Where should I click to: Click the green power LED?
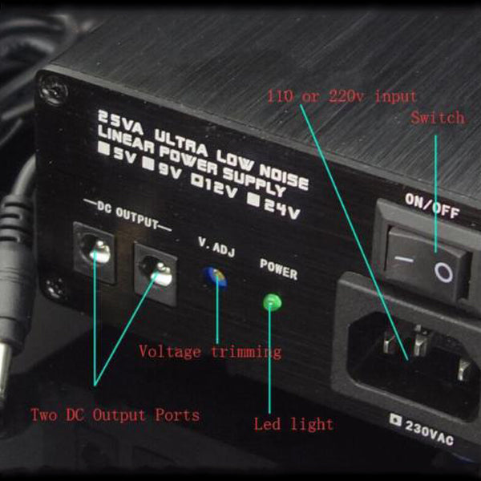(272, 302)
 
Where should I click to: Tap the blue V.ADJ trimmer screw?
(216, 277)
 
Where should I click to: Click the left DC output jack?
(95, 253)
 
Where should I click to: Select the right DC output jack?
(156, 274)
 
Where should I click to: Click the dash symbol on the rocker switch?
(403, 260)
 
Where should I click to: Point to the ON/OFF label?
(432, 206)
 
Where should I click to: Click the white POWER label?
(278, 269)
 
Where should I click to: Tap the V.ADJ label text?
(216, 247)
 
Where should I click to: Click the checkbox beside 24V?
(255, 200)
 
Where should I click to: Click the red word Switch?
(438, 118)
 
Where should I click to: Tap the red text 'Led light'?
(293, 425)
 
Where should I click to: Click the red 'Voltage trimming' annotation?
(210, 352)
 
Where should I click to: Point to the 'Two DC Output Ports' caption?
(115, 415)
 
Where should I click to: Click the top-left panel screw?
(55, 91)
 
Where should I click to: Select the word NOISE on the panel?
(284, 176)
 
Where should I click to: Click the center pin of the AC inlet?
(419, 342)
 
